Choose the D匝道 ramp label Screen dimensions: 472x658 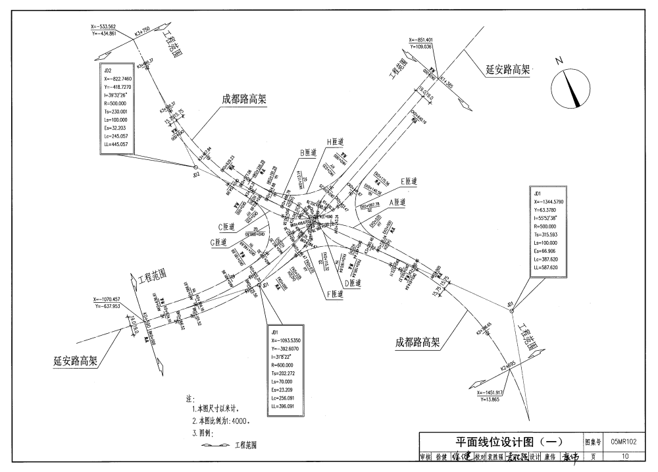(x=352, y=282)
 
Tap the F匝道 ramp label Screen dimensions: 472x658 (x=334, y=295)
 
